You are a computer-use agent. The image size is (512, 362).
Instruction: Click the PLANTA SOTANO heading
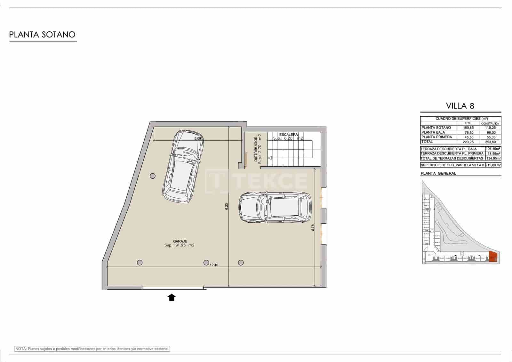[x=42, y=35]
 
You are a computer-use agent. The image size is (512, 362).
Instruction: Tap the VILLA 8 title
[x=460, y=106]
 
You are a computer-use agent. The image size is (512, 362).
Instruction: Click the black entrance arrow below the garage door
[x=172, y=298]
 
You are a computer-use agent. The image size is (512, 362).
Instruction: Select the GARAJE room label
[x=180, y=241]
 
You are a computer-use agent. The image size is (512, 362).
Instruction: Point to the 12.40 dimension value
[x=214, y=265]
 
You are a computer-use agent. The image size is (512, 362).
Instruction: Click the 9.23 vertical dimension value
[x=227, y=206]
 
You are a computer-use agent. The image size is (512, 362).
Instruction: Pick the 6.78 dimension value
[x=313, y=227]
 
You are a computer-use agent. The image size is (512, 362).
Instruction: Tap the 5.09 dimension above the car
[x=198, y=139]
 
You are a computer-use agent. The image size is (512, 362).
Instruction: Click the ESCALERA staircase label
[x=288, y=135]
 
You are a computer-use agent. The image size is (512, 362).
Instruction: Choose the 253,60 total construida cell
[x=490, y=142]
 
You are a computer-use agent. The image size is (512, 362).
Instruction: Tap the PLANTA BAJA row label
[x=433, y=132]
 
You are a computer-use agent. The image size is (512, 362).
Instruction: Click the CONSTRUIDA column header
[x=490, y=123]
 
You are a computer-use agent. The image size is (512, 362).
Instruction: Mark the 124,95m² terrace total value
[x=493, y=158]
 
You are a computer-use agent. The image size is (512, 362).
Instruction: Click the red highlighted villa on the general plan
[x=493, y=257]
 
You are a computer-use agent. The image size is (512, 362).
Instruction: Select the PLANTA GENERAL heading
[x=438, y=173]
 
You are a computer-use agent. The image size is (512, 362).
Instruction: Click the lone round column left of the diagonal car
[x=153, y=176]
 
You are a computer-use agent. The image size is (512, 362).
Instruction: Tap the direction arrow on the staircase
[x=270, y=158]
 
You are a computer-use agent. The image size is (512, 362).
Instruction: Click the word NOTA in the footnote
[x=21, y=349]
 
